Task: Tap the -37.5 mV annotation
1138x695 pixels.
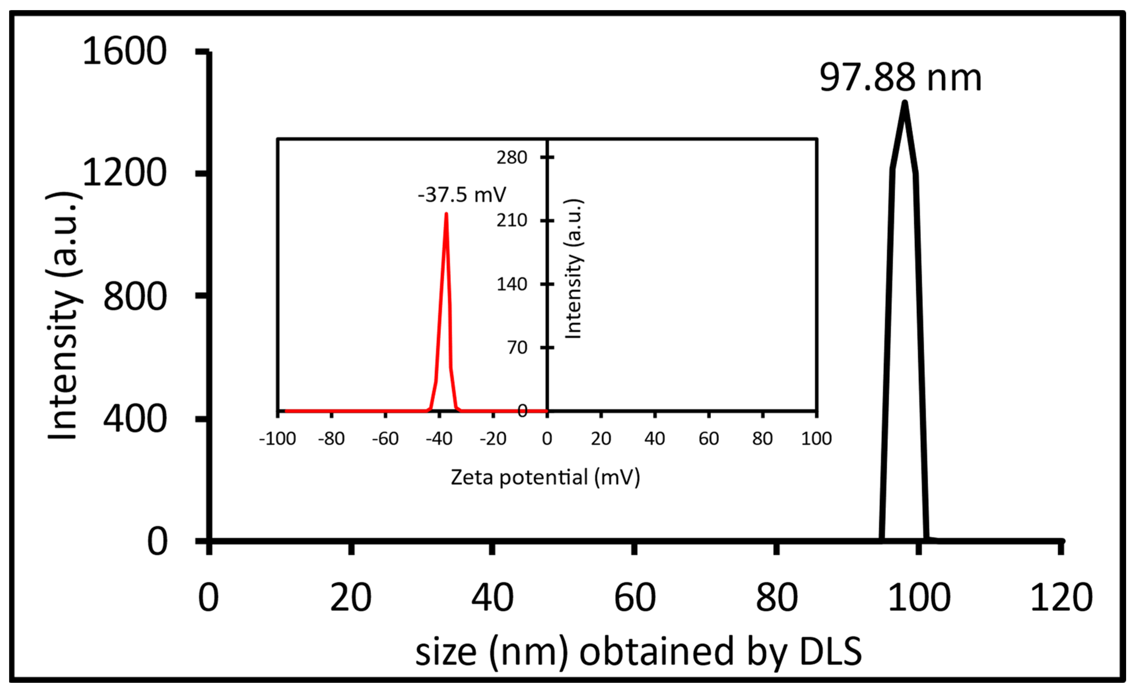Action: point(461,195)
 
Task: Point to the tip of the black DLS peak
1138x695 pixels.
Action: point(904,103)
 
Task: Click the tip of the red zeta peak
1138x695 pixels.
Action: point(446,214)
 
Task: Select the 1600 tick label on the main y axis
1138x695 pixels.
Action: point(124,51)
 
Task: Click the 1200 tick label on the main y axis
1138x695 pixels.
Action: point(124,173)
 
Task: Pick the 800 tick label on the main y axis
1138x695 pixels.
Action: point(134,296)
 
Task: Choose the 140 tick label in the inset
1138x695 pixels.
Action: point(512,284)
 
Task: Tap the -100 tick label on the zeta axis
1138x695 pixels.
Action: point(278,439)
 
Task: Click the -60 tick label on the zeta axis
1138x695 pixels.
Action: point(385,439)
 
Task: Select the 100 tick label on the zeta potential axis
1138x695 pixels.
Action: point(817,439)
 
